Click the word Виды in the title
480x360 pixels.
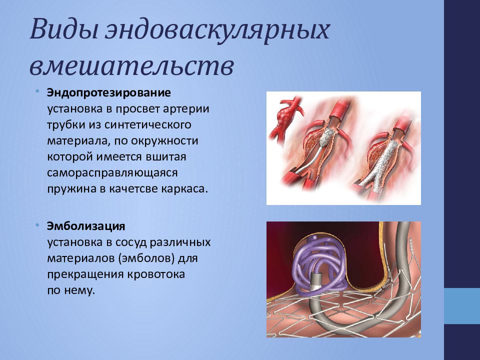(63, 29)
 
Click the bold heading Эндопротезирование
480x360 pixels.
(108, 93)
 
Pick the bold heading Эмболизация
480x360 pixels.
(86, 226)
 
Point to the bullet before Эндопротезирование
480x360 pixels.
(37, 91)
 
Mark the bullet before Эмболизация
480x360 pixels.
(37, 225)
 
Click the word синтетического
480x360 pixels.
(147, 125)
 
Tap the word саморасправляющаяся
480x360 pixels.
(112, 172)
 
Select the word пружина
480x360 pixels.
(71, 189)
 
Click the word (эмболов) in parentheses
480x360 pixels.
(146, 258)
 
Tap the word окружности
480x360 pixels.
(164, 141)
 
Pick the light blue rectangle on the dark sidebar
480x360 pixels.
(462, 306)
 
